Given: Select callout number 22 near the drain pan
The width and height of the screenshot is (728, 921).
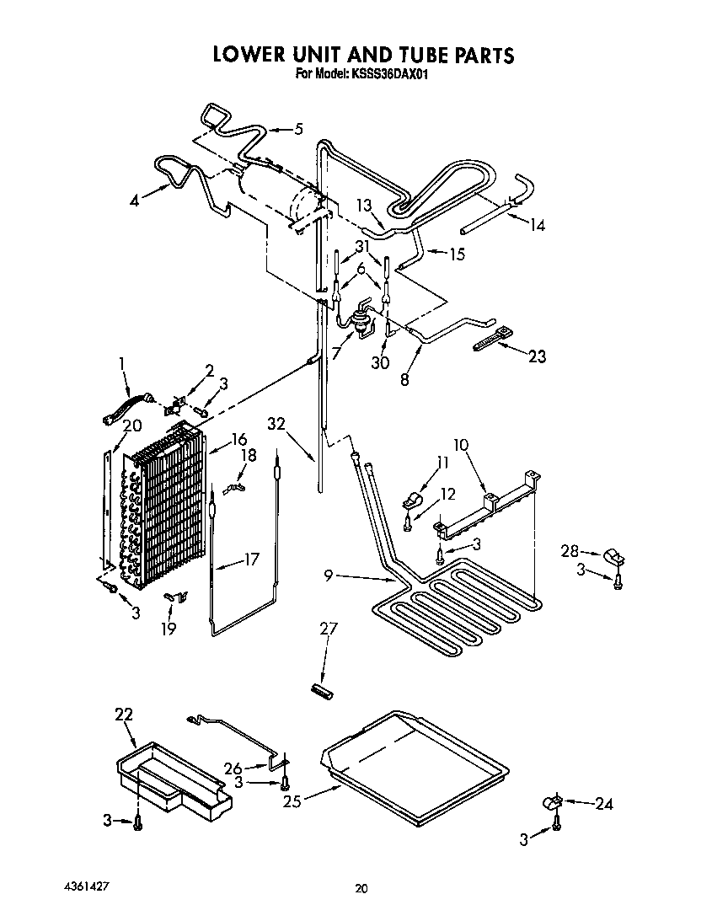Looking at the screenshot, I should tap(124, 715).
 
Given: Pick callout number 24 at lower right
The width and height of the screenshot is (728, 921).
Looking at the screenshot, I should tap(604, 804).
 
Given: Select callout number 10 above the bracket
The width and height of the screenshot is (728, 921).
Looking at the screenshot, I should tap(461, 444).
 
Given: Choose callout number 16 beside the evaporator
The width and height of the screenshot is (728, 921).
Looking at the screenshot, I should tap(238, 438).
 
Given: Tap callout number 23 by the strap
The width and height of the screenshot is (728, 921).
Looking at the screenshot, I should tap(536, 356).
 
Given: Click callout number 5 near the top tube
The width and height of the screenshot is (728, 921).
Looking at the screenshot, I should tap(298, 129).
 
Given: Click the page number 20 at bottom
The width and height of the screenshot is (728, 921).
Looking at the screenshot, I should tap(361, 888).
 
